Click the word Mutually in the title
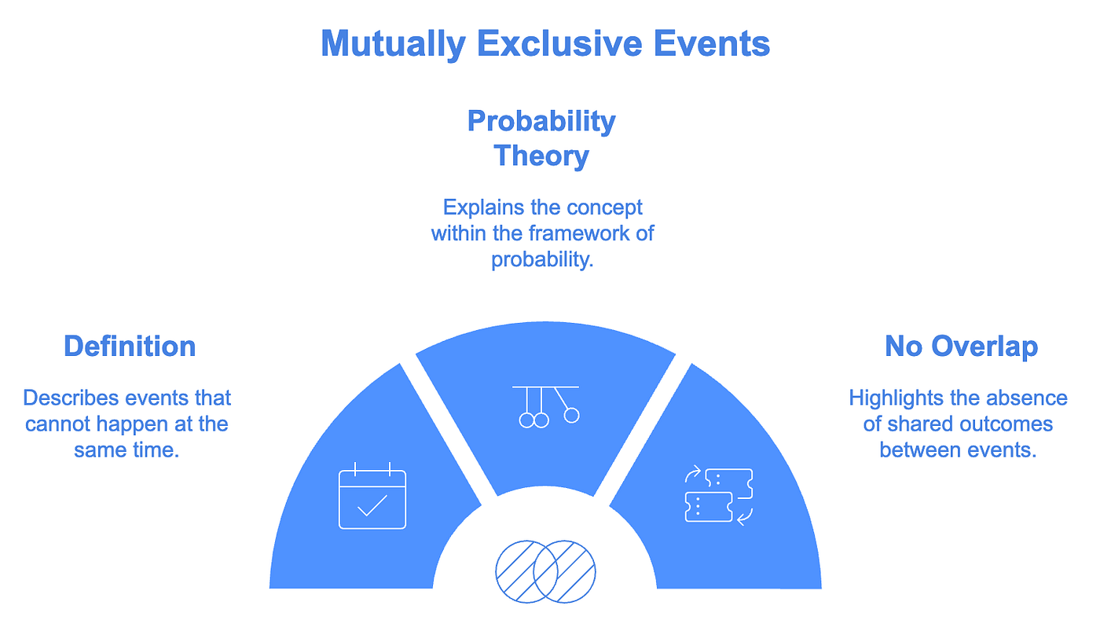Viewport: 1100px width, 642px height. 393,45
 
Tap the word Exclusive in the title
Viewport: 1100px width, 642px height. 559,43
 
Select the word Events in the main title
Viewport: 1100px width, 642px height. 712,43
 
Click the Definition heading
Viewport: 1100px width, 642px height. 130,347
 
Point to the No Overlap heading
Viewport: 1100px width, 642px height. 962,347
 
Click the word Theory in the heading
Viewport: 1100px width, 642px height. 541,156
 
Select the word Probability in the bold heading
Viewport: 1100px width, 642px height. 541,121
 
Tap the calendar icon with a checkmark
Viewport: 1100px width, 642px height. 372,496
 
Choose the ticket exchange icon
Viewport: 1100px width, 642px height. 719,495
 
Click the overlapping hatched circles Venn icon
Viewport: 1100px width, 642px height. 545,571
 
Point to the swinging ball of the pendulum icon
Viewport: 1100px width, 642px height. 572,415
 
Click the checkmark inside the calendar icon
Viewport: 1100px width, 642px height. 372,506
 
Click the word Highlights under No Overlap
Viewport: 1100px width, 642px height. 896,398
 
